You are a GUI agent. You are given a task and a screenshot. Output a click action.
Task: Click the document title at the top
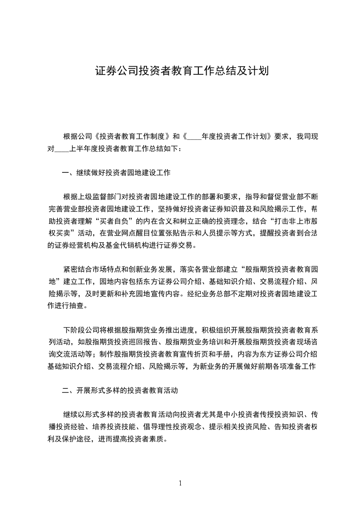pos(180,71)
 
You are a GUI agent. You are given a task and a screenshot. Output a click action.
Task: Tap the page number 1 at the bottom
pos(180,483)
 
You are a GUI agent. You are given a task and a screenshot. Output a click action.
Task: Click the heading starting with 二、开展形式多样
pos(119,390)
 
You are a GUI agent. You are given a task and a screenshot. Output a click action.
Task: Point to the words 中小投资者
pos(243,415)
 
